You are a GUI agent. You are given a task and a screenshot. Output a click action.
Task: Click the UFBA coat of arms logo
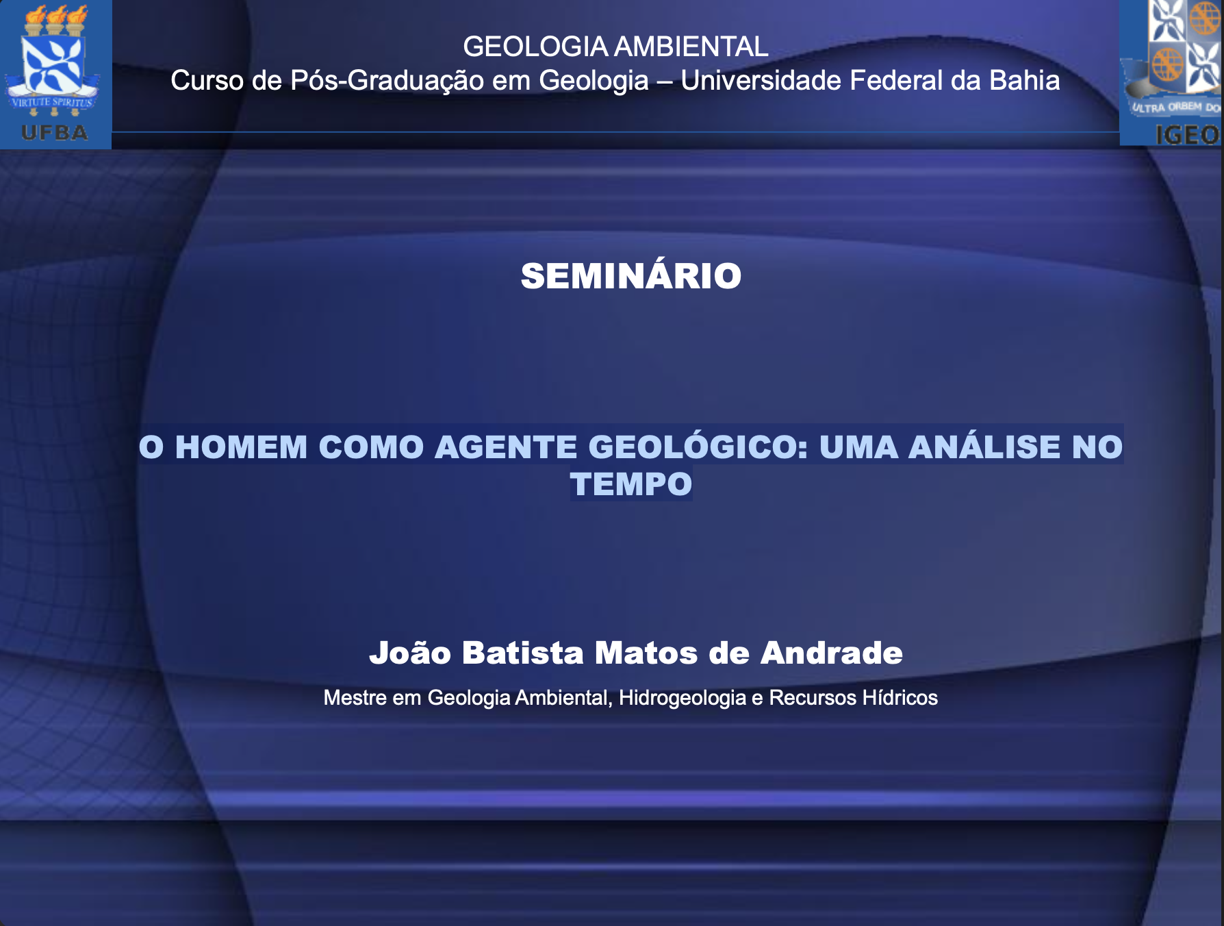(x=55, y=74)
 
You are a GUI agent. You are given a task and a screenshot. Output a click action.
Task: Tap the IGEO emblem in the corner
(x=1171, y=73)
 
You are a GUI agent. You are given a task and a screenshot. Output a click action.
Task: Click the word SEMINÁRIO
(x=631, y=276)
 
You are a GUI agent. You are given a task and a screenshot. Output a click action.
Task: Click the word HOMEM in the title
(x=242, y=447)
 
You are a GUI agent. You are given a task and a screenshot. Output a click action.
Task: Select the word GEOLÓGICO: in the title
(x=698, y=447)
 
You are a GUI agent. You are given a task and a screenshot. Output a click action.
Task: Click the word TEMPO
(x=631, y=484)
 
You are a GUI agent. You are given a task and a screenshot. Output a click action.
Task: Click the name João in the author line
(x=410, y=653)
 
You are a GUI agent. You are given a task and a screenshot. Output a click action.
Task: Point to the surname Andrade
(x=832, y=653)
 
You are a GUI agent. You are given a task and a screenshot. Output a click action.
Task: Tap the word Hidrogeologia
(x=683, y=699)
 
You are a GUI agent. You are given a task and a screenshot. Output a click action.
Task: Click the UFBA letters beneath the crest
(x=55, y=132)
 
